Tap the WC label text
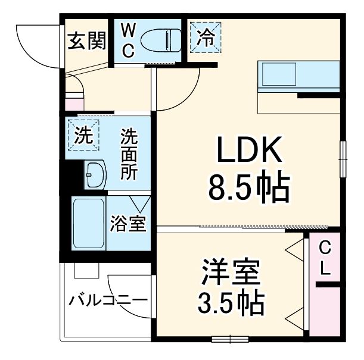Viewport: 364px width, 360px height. coord(129,40)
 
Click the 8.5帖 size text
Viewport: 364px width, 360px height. coord(248,189)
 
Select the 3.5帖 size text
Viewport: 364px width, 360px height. coord(231,304)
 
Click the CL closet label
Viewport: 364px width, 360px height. coord(324,258)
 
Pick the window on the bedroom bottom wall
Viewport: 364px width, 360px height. coord(230,339)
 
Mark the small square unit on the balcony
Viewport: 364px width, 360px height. coord(86,270)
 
